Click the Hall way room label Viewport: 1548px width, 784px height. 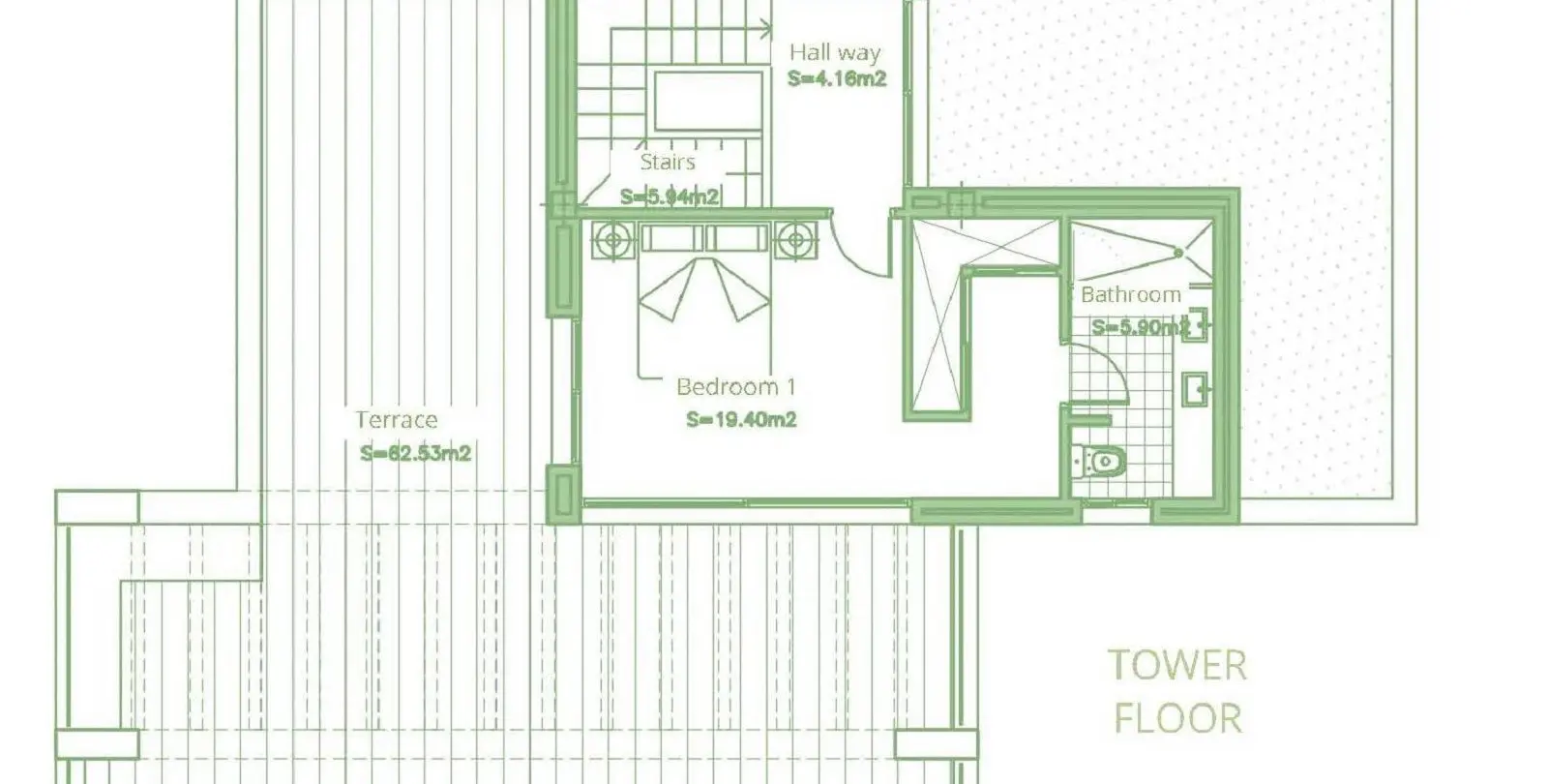[x=835, y=52]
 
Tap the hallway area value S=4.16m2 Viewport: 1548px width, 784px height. [x=837, y=78]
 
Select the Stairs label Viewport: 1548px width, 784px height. [x=668, y=162]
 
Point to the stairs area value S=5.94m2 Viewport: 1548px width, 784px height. [x=670, y=197]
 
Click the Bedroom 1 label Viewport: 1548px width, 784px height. [x=736, y=386]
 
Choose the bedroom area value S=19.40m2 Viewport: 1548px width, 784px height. [x=741, y=419]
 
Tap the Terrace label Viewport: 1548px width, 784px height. [x=397, y=420]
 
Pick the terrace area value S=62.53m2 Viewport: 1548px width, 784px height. [x=415, y=454]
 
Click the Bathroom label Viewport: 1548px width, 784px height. [x=1131, y=295]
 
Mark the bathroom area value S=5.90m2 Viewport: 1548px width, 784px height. [x=1141, y=326]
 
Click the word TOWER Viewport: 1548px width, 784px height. [x=1177, y=665]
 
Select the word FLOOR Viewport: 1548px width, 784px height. [x=1177, y=718]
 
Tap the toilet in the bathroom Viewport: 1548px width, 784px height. [x=1099, y=461]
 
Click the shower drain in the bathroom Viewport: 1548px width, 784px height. [x=1178, y=253]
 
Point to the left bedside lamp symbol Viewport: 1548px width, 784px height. [x=613, y=241]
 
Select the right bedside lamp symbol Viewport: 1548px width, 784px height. [x=795, y=241]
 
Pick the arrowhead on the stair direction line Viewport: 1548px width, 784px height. [x=766, y=29]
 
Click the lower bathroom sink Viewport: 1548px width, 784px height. [x=1196, y=389]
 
